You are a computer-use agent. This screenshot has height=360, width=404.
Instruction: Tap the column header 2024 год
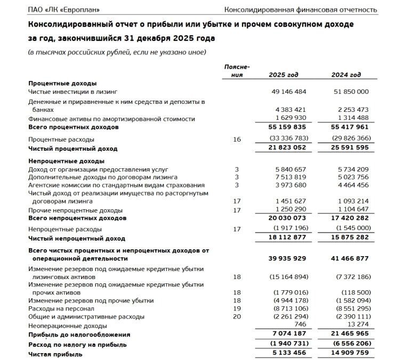click(346, 75)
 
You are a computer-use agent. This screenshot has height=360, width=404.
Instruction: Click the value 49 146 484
click(288, 92)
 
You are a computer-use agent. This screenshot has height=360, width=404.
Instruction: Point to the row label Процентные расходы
click(59, 140)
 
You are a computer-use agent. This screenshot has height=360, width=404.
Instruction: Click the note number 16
click(237, 140)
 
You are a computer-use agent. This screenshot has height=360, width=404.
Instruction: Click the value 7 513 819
click(288, 177)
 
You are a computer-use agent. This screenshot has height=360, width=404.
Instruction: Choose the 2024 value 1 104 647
click(351, 210)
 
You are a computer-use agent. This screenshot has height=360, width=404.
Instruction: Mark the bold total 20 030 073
click(287, 218)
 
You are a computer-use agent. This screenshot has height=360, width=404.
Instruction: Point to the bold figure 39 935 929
click(287, 258)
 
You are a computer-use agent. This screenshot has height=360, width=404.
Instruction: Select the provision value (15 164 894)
click(287, 277)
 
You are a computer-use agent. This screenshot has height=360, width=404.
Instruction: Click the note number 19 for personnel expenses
click(237, 308)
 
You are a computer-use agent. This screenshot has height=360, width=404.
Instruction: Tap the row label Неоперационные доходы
click(67, 325)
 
